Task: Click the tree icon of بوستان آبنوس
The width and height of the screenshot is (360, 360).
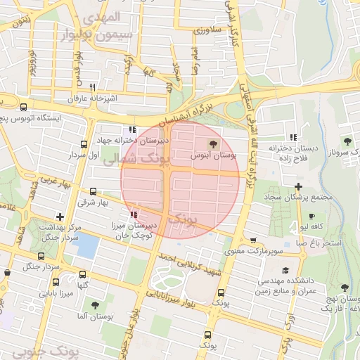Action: coord(213,124)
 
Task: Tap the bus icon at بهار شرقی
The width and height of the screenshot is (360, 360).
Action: coord(94,191)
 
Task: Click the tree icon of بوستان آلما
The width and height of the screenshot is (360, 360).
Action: coord(95,305)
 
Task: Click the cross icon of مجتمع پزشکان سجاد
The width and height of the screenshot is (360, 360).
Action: coord(299,186)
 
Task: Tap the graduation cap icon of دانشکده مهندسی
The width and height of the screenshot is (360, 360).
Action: coord(285,271)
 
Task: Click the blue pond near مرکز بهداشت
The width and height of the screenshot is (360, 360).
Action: coord(87,245)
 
